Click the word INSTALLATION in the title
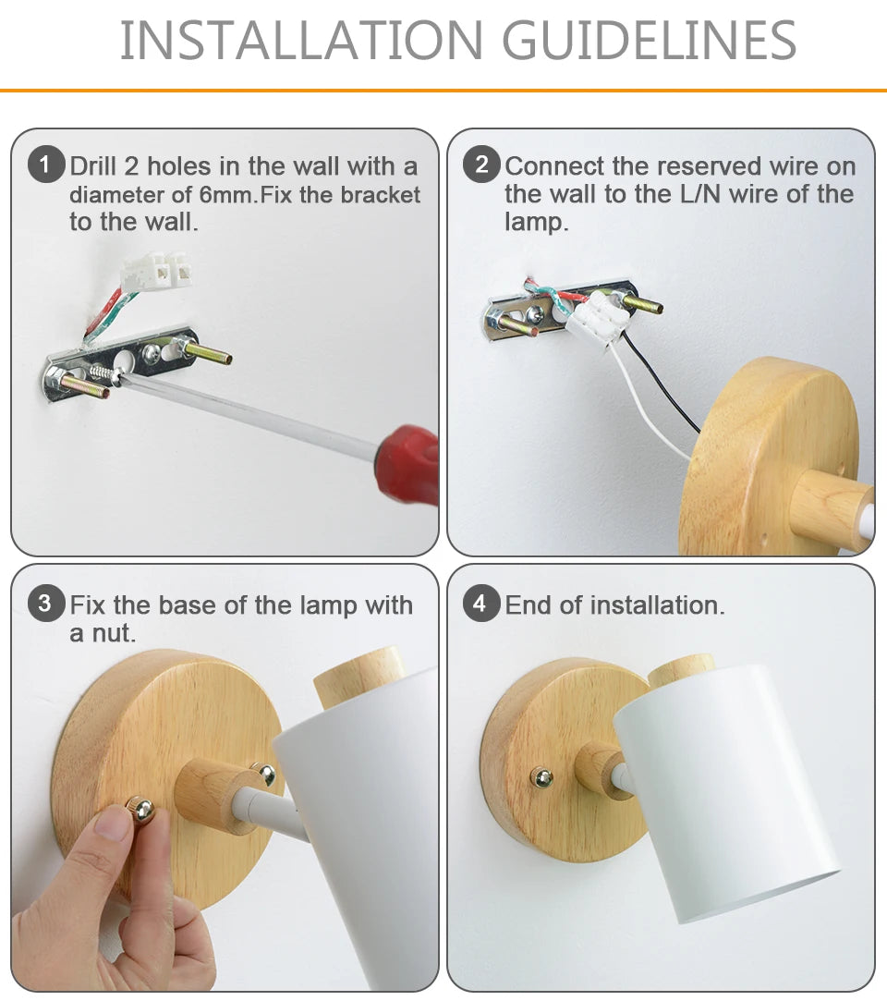[301, 41]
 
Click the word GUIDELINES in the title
[649, 41]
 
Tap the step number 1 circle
[45, 165]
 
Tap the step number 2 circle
[481, 165]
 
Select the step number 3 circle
[45, 604]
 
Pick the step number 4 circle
[481, 604]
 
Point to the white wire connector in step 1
[156, 272]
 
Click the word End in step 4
[529, 604]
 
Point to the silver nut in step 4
[541, 777]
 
